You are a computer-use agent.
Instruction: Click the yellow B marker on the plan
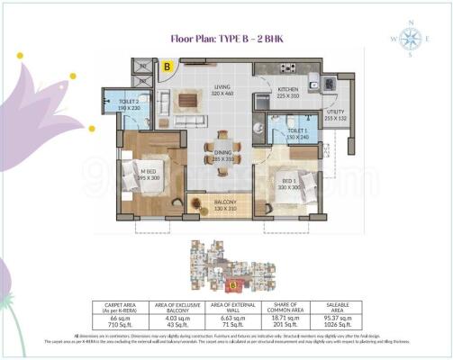click(x=167, y=66)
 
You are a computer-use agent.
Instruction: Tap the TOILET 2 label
click(x=130, y=104)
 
